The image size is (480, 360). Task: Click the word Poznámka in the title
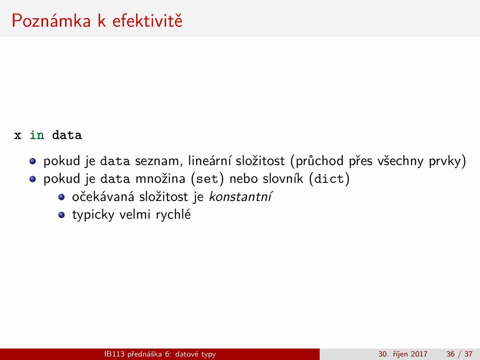coord(51,21)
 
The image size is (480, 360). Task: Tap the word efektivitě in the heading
coord(147,20)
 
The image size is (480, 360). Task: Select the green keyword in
coord(37,135)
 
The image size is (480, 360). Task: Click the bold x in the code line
coord(18,136)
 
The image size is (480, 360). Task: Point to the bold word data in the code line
coord(67,135)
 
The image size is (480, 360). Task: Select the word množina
coord(160,178)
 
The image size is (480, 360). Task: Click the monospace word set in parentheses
coord(207,179)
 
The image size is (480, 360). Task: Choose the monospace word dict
coord(329,179)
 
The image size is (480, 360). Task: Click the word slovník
coord(283,178)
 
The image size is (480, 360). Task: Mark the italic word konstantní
coord(240,196)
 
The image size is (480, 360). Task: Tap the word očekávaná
coord(103,196)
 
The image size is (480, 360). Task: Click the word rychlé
coord(173,214)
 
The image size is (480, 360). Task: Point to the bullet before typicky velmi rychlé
coord(61,215)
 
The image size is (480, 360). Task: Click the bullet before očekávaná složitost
coord(61,197)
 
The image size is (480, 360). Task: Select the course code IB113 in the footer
coord(114,354)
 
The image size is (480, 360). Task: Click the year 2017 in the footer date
coord(419,354)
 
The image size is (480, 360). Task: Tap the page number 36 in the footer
coord(450,354)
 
